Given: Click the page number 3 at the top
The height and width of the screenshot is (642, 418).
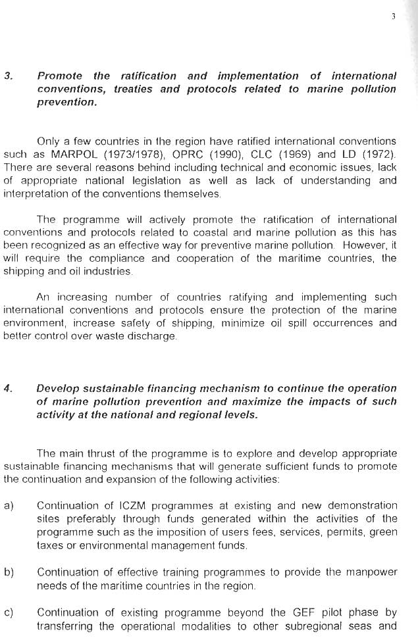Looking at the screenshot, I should (x=392, y=17).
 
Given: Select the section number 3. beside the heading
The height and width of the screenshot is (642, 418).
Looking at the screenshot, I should (x=8, y=76).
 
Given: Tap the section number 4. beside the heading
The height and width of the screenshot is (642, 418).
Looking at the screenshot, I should (x=8, y=388).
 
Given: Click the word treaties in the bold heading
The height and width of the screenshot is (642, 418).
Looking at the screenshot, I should (x=139, y=89).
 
